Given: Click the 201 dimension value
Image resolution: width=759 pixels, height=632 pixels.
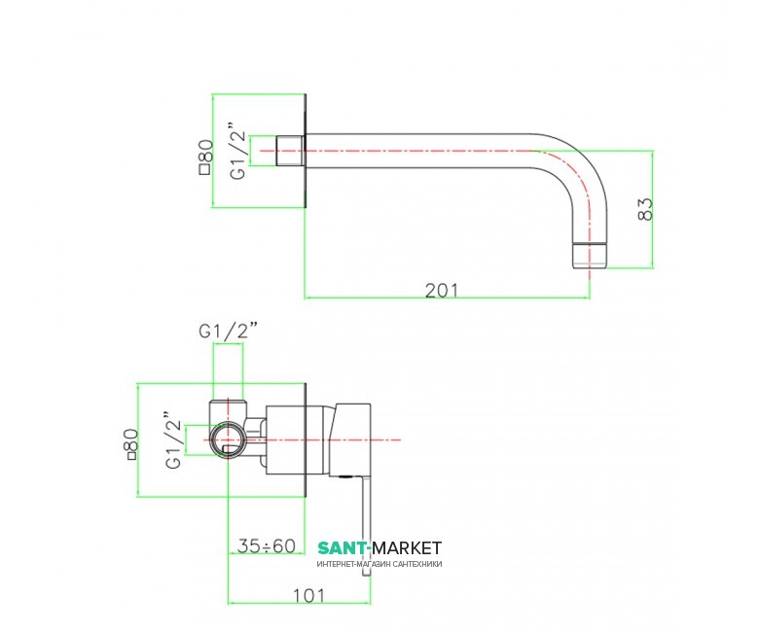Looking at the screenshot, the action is coord(441,290).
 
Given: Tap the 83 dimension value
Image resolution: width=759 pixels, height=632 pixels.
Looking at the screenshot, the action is coord(645,209).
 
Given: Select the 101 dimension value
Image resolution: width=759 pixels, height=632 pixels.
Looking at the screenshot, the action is coord(308,595).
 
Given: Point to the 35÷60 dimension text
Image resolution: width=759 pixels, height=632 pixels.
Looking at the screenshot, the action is coord(267,545).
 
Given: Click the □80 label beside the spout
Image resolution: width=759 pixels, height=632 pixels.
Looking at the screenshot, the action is coord(205,157).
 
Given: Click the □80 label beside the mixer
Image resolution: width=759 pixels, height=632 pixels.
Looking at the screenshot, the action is coord(131,443).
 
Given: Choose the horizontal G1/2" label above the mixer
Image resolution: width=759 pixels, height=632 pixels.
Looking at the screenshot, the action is coord(228,332).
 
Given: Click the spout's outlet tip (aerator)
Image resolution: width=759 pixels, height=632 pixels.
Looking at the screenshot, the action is coord(590,255).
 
